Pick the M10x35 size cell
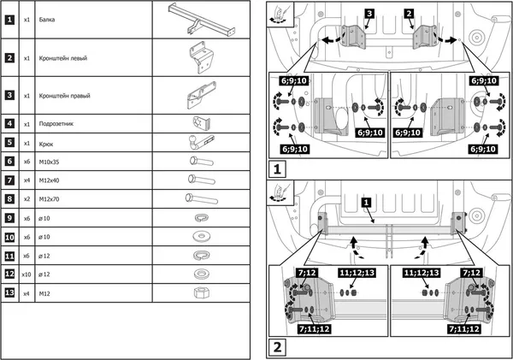(51, 161)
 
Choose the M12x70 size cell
(51, 198)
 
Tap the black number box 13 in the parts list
(9, 292)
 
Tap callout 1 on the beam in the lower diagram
(366, 202)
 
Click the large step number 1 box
(279, 169)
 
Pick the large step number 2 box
(279, 347)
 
